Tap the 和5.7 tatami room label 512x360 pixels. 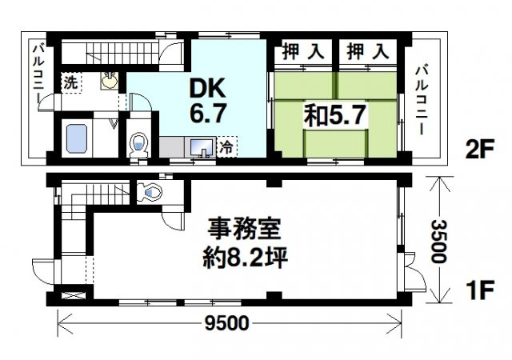(334, 114)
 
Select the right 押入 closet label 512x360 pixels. (367, 53)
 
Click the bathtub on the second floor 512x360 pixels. (75, 140)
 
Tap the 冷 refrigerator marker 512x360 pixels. (227, 148)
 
